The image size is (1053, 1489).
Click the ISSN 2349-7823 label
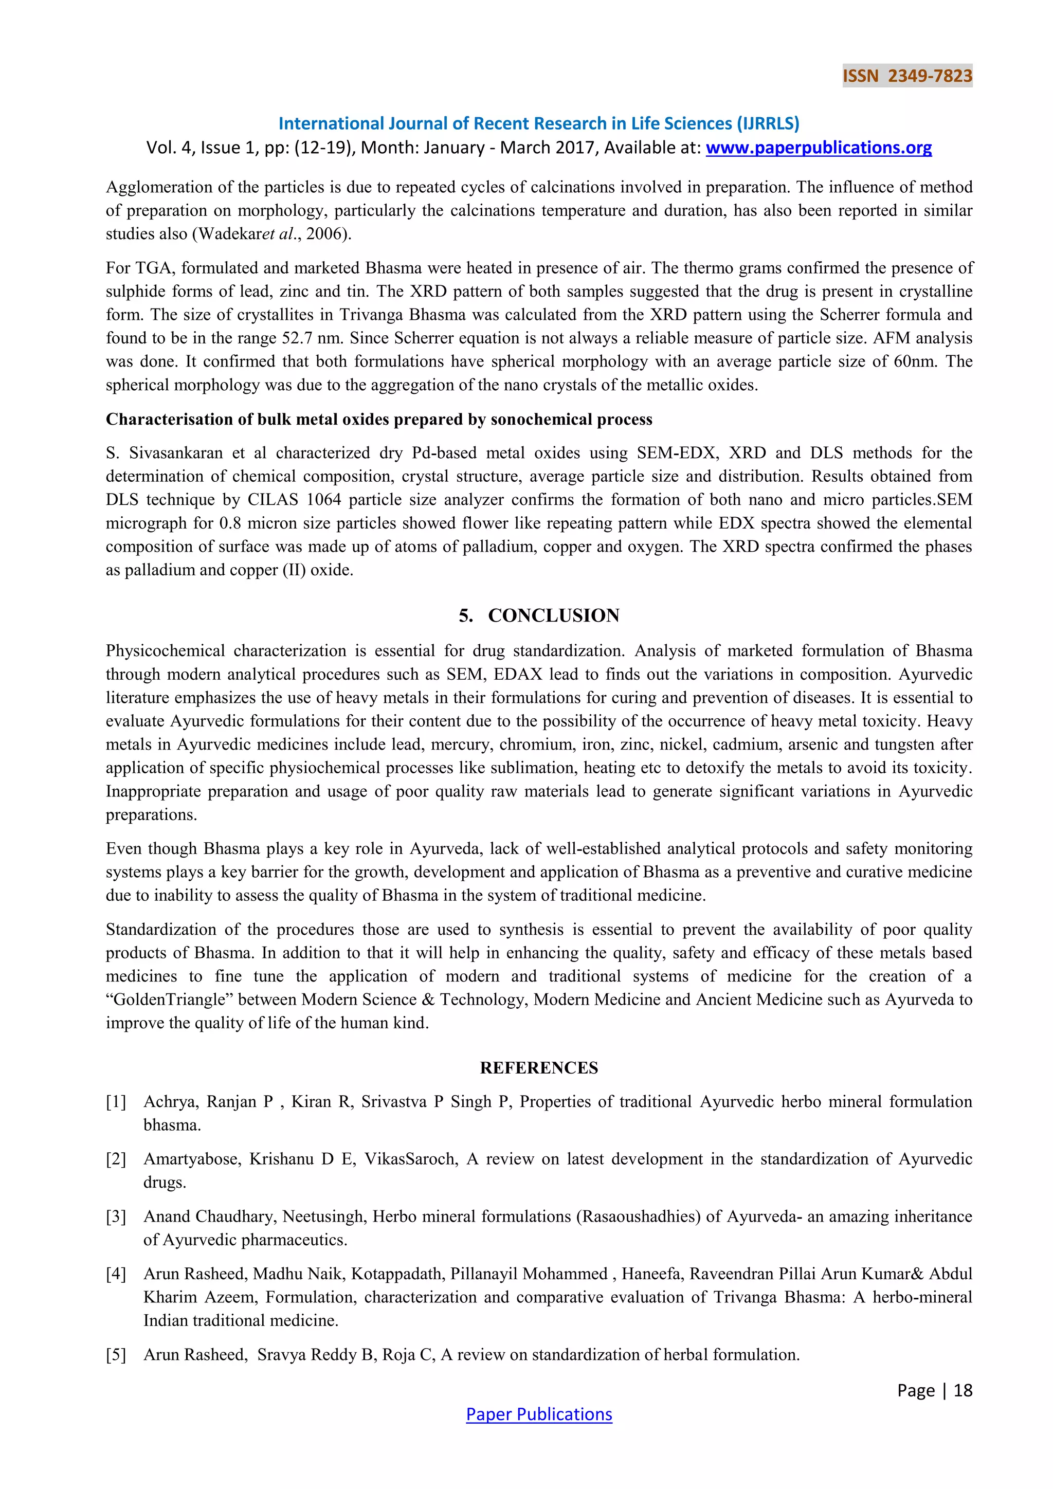click(906, 76)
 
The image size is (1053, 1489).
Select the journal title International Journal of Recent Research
click(538, 123)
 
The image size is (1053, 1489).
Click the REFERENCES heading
click(539, 1067)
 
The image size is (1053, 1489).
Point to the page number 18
click(963, 1390)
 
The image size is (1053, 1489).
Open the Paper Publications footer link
click(539, 1414)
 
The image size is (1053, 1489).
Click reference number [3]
click(116, 1216)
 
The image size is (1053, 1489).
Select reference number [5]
click(116, 1355)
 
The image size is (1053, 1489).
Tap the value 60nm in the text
click(914, 361)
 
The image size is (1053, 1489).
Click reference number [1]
click(116, 1102)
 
